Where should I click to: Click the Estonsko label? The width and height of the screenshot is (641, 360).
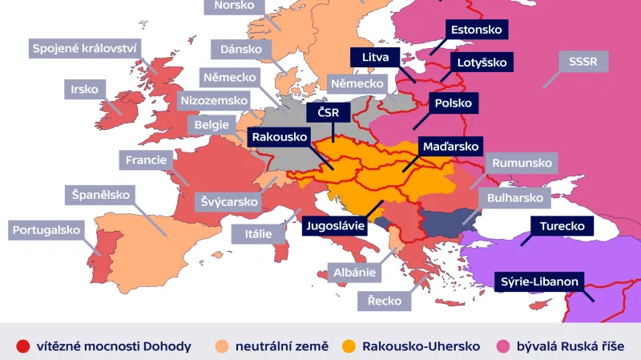pyautogui.click(x=477, y=30)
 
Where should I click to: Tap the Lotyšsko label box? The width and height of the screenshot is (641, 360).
pyautogui.click(x=482, y=62)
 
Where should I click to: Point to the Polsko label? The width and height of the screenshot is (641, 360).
pyautogui.click(x=454, y=104)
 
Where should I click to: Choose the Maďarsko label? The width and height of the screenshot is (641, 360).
pyautogui.click(x=450, y=147)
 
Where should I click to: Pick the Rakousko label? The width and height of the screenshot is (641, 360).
pyautogui.click(x=280, y=137)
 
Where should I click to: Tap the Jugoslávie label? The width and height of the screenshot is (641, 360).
pyautogui.click(x=335, y=225)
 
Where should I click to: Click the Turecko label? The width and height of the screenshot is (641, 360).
pyautogui.click(x=562, y=226)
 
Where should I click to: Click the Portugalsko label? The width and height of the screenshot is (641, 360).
pyautogui.click(x=47, y=230)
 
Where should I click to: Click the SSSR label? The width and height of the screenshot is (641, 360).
pyautogui.click(x=588, y=61)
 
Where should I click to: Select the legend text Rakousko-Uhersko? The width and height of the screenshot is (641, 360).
pyautogui.click(x=420, y=346)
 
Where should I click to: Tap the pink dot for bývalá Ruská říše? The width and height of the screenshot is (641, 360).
pyautogui.click(x=503, y=346)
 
